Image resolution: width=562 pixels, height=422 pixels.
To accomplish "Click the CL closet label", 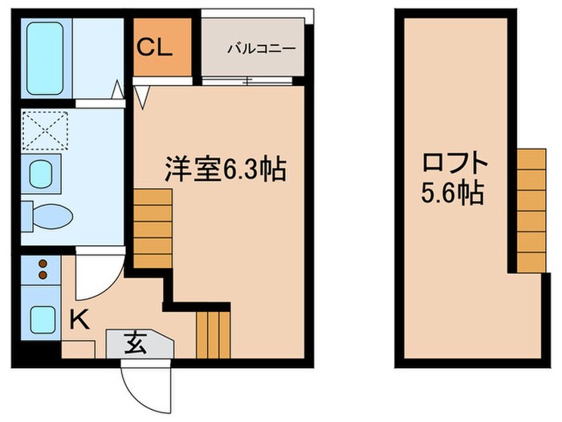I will (x=153, y=47).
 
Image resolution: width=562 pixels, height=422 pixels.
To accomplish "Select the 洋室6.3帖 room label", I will (x=226, y=169).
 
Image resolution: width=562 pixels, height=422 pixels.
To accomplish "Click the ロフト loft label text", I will (x=455, y=164).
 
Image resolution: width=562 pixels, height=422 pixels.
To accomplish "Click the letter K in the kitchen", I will (x=79, y=320).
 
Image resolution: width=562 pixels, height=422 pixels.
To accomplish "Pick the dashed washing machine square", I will (x=47, y=128).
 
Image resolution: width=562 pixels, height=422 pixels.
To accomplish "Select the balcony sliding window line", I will (x=250, y=80).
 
